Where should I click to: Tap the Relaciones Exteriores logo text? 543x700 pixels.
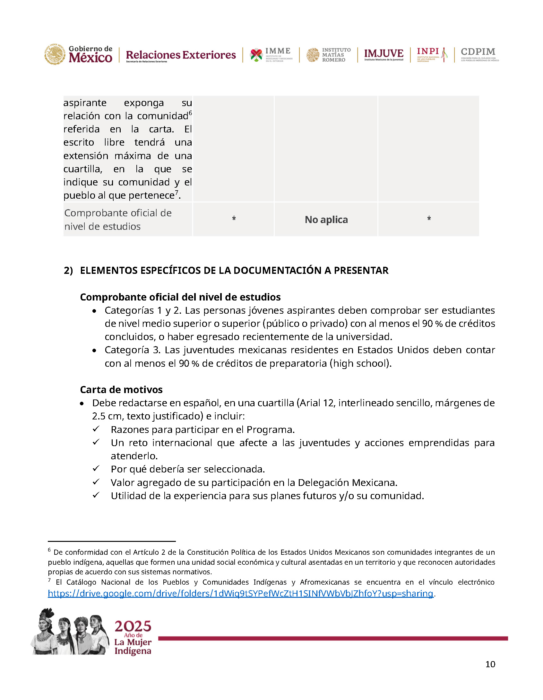pos(181,55)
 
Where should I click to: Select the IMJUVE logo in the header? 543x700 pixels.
pos(384,54)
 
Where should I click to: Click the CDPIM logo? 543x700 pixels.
pos(479,54)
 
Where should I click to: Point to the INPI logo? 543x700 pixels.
pos(432,54)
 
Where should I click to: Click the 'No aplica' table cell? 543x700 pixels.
pos(326,220)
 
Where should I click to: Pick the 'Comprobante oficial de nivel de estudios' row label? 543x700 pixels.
pos(118,220)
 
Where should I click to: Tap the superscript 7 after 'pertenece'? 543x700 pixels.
pos(177,193)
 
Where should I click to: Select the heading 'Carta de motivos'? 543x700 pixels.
pos(121,390)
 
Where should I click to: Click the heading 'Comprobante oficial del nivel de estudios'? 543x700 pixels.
pos(180,297)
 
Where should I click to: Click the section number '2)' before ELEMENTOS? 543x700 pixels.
pos(68,271)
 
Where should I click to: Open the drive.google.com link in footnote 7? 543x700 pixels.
pos(240,593)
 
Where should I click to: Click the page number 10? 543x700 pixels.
pos(490,664)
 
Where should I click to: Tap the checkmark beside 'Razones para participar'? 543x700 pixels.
pos(96,429)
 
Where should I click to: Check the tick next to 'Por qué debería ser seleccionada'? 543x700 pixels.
pos(96,469)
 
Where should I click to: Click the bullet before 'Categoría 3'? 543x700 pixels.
pos(94,350)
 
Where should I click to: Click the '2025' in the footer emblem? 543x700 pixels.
pos(133,626)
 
